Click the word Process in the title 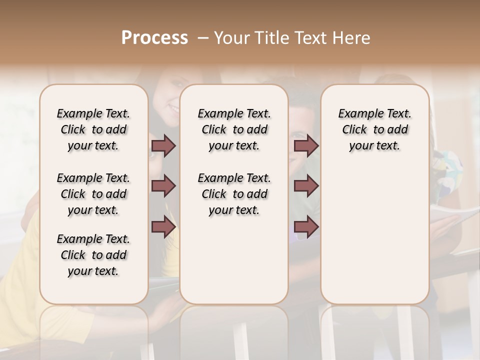coord(154,38)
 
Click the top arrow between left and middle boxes coord(163,145)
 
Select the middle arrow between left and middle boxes coord(163,186)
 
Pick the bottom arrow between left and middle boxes coord(163,227)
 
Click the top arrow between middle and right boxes coord(306,145)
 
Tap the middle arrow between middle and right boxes coord(306,186)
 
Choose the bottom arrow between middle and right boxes coord(306,227)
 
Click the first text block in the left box coord(93,129)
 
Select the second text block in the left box coord(93,194)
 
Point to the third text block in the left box coord(93,255)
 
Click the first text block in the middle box coord(234,129)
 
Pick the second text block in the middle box coord(234,194)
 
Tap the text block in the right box coord(374,129)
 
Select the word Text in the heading coord(311,38)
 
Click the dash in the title coord(203,38)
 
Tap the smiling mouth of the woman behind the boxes coord(172,107)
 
